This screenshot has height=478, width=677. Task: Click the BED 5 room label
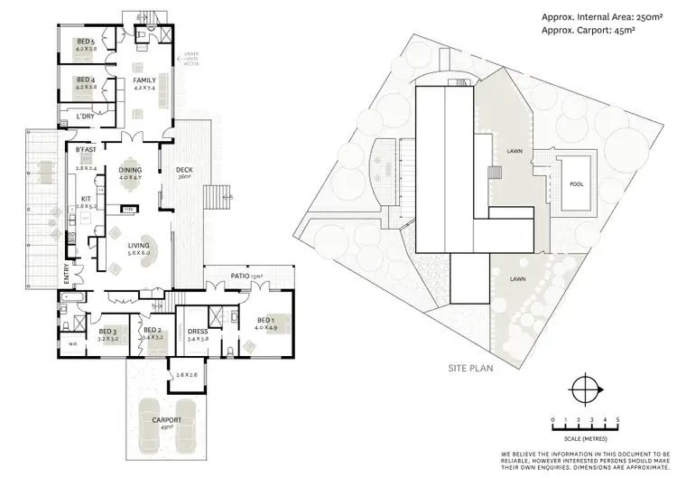[x=86, y=41]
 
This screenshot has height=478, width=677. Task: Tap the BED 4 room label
[x=86, y=80]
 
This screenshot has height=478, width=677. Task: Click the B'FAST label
[x=86, y=149]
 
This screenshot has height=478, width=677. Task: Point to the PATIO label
[x=240, y=276]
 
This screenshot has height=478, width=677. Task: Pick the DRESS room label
[x=197, y=332]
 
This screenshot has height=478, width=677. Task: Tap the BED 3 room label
[x=107, y=333]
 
